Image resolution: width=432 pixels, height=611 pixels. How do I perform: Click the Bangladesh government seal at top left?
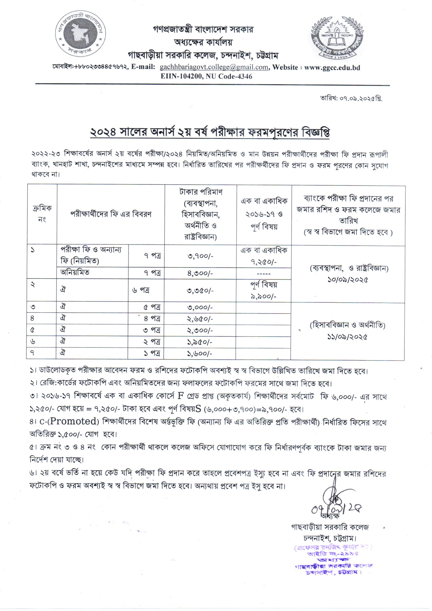[x=81, y=34]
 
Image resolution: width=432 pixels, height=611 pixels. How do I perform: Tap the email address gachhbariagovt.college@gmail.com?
[x=214, y=67]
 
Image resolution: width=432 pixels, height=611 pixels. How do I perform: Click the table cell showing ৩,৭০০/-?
[x=200, y=256]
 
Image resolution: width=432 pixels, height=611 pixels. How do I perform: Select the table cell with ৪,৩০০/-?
[x=200, y=273]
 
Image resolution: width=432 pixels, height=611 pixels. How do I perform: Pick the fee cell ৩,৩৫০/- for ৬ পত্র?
[x=200, y=291]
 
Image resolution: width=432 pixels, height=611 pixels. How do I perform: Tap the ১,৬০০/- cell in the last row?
[x=200, y=354]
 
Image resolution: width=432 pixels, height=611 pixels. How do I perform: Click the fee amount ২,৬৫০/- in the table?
[x=200, y=319]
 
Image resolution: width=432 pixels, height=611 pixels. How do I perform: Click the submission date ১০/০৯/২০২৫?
[x=348, y=280]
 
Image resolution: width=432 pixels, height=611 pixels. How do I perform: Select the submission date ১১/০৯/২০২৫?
[x=347, y=337]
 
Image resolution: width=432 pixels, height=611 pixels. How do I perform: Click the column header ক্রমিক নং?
[x=42, y=214]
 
